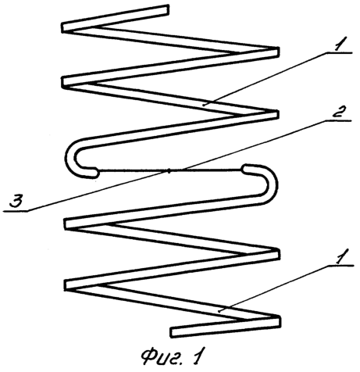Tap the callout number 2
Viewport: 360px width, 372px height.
(x=338, y=113)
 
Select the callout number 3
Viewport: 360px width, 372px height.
(x=17, y=202)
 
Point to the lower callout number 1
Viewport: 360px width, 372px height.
(x=340, y=256)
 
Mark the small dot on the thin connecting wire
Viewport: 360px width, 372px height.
(x=169, y=171)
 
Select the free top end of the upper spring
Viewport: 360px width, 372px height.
(x=167, y=10)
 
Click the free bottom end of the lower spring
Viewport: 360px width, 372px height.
(x=173, y=333)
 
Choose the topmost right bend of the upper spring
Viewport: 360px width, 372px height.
(x=276, y=52)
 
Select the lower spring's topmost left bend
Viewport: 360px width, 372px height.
(x=68, y=224)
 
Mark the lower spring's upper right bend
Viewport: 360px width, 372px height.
(x=276, y=254)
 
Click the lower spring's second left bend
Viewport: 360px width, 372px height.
(x=70, y=284)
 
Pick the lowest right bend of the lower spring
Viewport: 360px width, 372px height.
(x=276, y=321)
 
